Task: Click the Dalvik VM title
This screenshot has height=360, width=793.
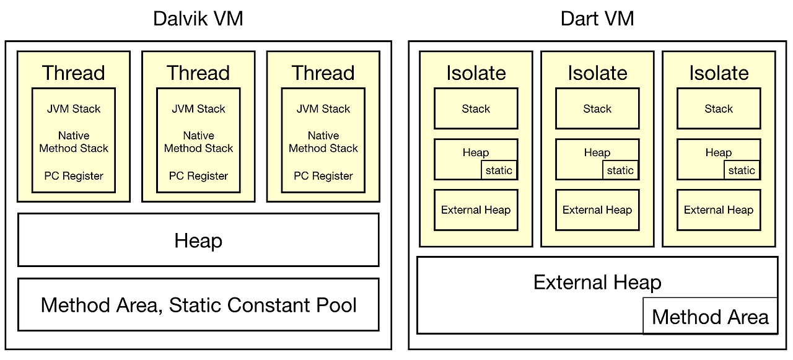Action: coord(198,19)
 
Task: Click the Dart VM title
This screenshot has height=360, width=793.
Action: coord(597,19)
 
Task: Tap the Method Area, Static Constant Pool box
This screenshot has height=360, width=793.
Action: coord(198,305)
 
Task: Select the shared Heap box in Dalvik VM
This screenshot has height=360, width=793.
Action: coord(198,240)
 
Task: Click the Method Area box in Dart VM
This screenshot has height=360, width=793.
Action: coord(710,317)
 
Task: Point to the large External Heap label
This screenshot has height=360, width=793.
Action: coord(597,283)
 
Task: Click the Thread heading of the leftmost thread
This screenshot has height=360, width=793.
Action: coord(74,73)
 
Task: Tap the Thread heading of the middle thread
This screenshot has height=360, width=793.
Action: coord(198,73)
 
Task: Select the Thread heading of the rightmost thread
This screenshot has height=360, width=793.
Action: coord(323,73)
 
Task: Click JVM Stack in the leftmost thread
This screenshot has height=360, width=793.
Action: coord(74,109)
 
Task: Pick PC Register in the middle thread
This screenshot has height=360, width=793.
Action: coord(198,176)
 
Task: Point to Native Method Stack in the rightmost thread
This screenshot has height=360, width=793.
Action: coord(323,142)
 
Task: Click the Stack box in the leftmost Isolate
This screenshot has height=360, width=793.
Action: coord(476,109)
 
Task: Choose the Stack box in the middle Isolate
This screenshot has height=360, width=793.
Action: coord(597,109)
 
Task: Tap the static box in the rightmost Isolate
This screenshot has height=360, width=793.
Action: coord(742,170)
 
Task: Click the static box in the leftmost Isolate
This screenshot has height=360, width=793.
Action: coord(499,170)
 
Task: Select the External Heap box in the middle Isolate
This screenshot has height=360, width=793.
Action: coord(597,210)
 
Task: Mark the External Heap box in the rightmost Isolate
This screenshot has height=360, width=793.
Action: coord(719,210)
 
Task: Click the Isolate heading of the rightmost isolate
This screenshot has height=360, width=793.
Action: coord(719,73)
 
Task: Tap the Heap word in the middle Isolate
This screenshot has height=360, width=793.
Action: coord(597,152)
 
